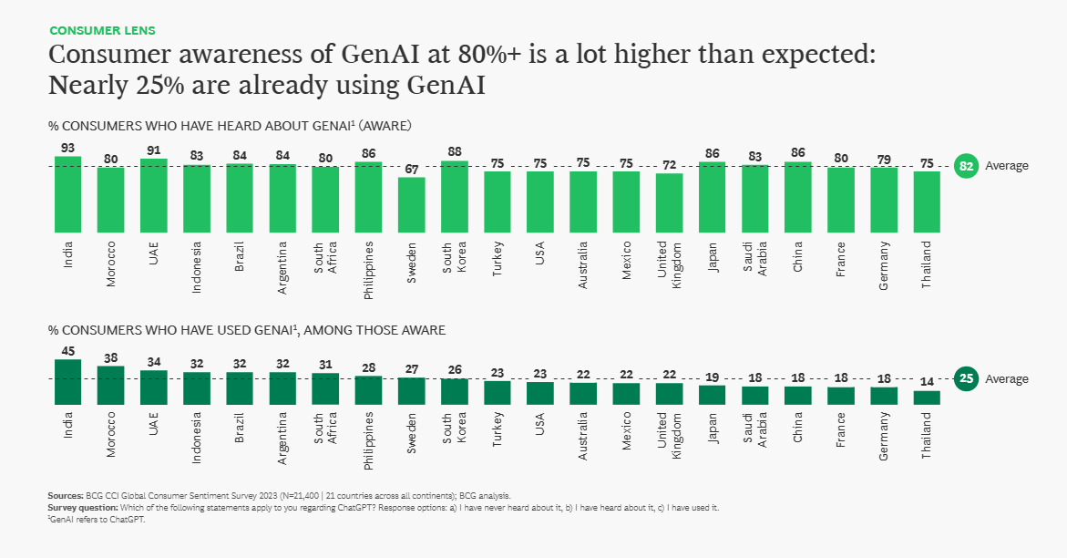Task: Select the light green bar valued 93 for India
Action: click(68, 192)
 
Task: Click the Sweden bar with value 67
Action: click(412, 203)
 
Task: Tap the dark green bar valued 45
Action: click(68, 381)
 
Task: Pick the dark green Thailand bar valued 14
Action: click(927, 397)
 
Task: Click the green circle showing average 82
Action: click(966, 166)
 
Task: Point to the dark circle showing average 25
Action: click(966, 378)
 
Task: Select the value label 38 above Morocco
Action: click(111, 358)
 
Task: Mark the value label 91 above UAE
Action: click(154, 150)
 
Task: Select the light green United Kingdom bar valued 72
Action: click(669, 201)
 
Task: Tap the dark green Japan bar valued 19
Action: click(712, 394)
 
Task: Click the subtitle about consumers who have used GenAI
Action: click(247, 330)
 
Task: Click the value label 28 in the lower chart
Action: click(369, 367)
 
